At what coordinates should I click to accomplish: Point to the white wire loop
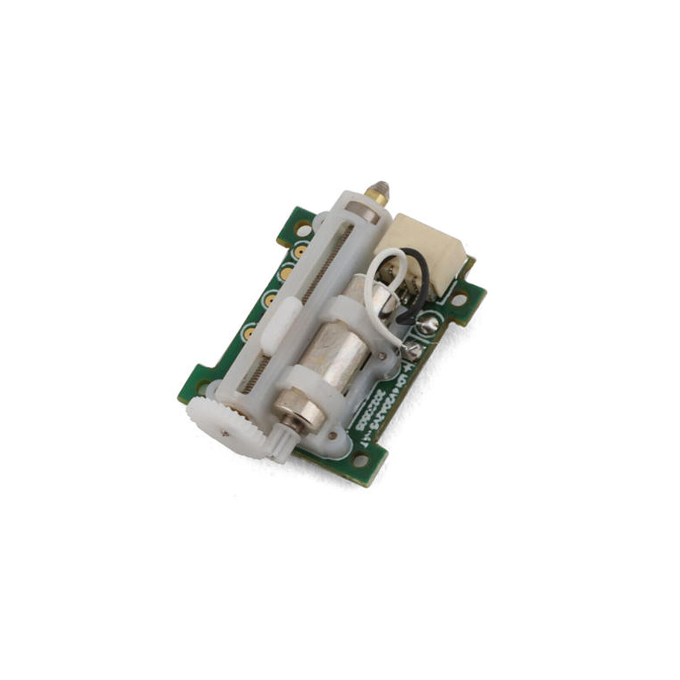tap(385, 268)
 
